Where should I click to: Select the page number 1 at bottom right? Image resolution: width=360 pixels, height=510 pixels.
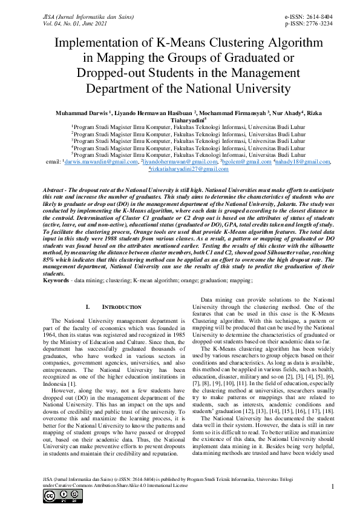[333, 486]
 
